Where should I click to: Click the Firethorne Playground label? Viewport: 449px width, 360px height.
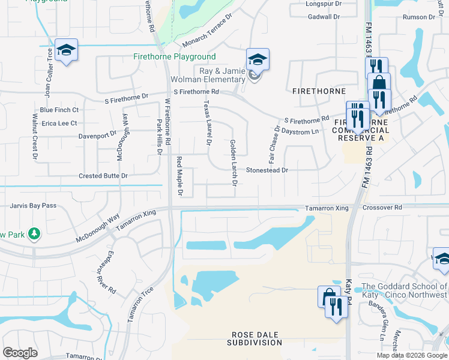(x=174, y=57)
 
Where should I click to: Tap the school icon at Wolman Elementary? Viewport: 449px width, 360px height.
(x=257, y=60)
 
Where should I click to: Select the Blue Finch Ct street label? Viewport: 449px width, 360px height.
(x=59, y=110)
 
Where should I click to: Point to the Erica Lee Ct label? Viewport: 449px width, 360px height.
(x=59, y=124)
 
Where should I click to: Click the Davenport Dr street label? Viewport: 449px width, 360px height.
(x=97, y=136)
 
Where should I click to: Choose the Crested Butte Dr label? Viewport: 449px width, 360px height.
(x=103, y=176)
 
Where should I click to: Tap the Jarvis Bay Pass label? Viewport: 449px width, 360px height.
(x=33, y=206)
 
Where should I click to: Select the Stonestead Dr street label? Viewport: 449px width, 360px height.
(x=267, y=170)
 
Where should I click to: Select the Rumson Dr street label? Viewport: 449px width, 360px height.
(x=418, y=17)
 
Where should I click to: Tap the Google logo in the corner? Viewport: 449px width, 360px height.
(x=20, y=353)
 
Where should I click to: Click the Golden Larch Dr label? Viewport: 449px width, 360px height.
(x=233, y=163)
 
